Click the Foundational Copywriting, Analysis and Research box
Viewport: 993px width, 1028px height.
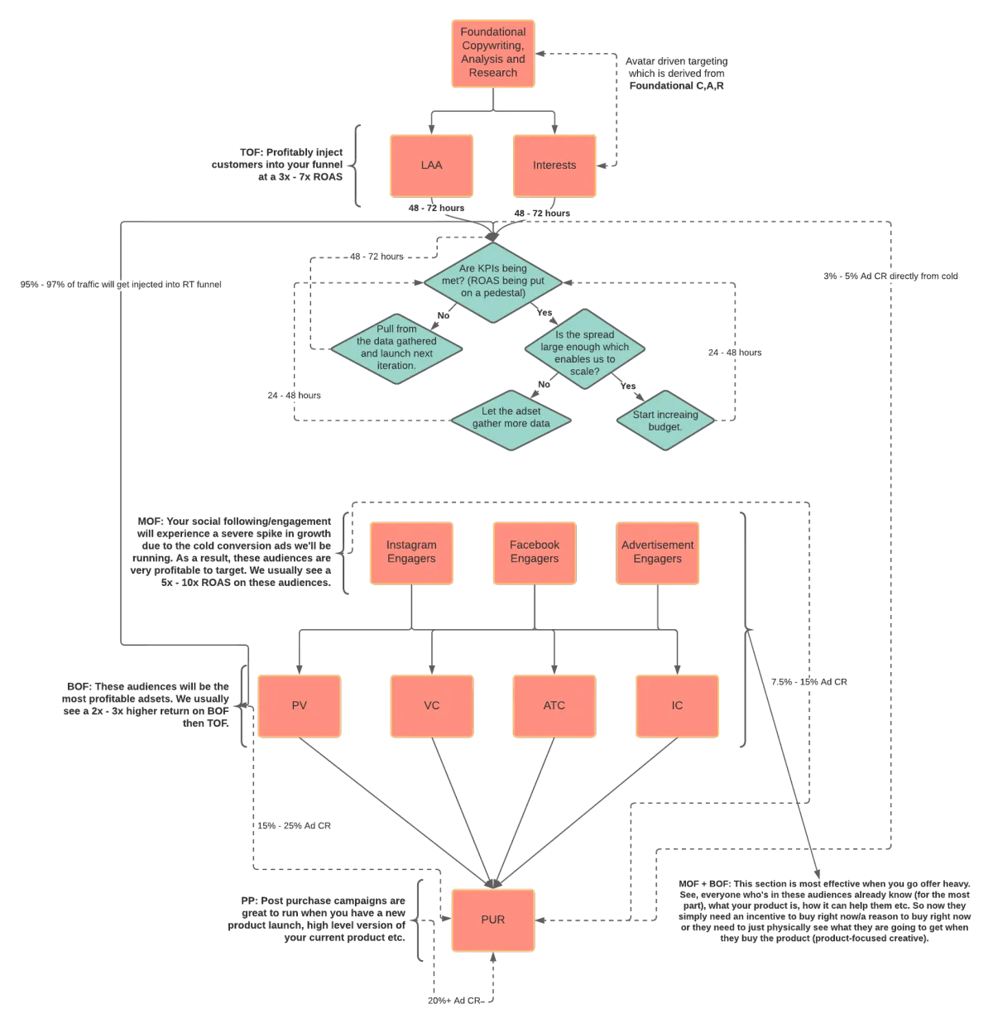click(493, 53)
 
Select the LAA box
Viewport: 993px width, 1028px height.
click(431, 166)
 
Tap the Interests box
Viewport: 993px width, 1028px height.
click(554, 166)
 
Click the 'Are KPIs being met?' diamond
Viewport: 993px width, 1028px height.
click(493, 281)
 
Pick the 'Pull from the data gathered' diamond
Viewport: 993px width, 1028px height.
click(396, 348)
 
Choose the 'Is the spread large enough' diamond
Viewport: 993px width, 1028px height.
click(585, 353)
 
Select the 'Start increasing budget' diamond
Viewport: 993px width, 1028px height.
click(665, 420)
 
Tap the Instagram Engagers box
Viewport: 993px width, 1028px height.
click(411, 552)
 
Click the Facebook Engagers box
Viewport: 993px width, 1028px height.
click(535, 552)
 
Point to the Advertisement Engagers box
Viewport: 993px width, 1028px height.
click(658, 552)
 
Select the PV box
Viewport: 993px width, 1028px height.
click(300, 706)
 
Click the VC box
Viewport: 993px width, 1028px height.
click(432, 706)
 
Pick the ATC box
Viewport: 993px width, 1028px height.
click(554, 706)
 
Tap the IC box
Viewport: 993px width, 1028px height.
click(678, 706)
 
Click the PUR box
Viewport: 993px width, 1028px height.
click(493, 920)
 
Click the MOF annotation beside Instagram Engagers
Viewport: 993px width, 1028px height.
click(233, 553)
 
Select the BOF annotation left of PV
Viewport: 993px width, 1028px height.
click(149, 705)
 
